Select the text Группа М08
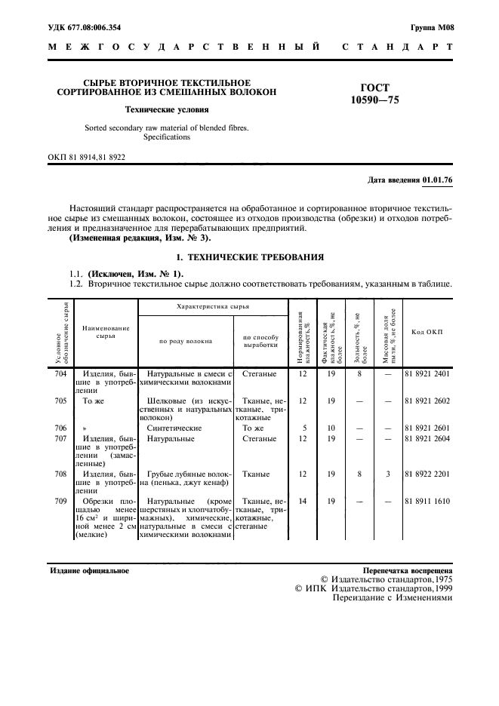click(x=433, y=27)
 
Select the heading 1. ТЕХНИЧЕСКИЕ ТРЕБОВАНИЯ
click(x=249, y=258)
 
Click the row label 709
click(x=60, y=501)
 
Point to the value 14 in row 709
click(x=303, y=501)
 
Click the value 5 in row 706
click(x=303, y=428)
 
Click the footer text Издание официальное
click(x=89, y=571)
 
